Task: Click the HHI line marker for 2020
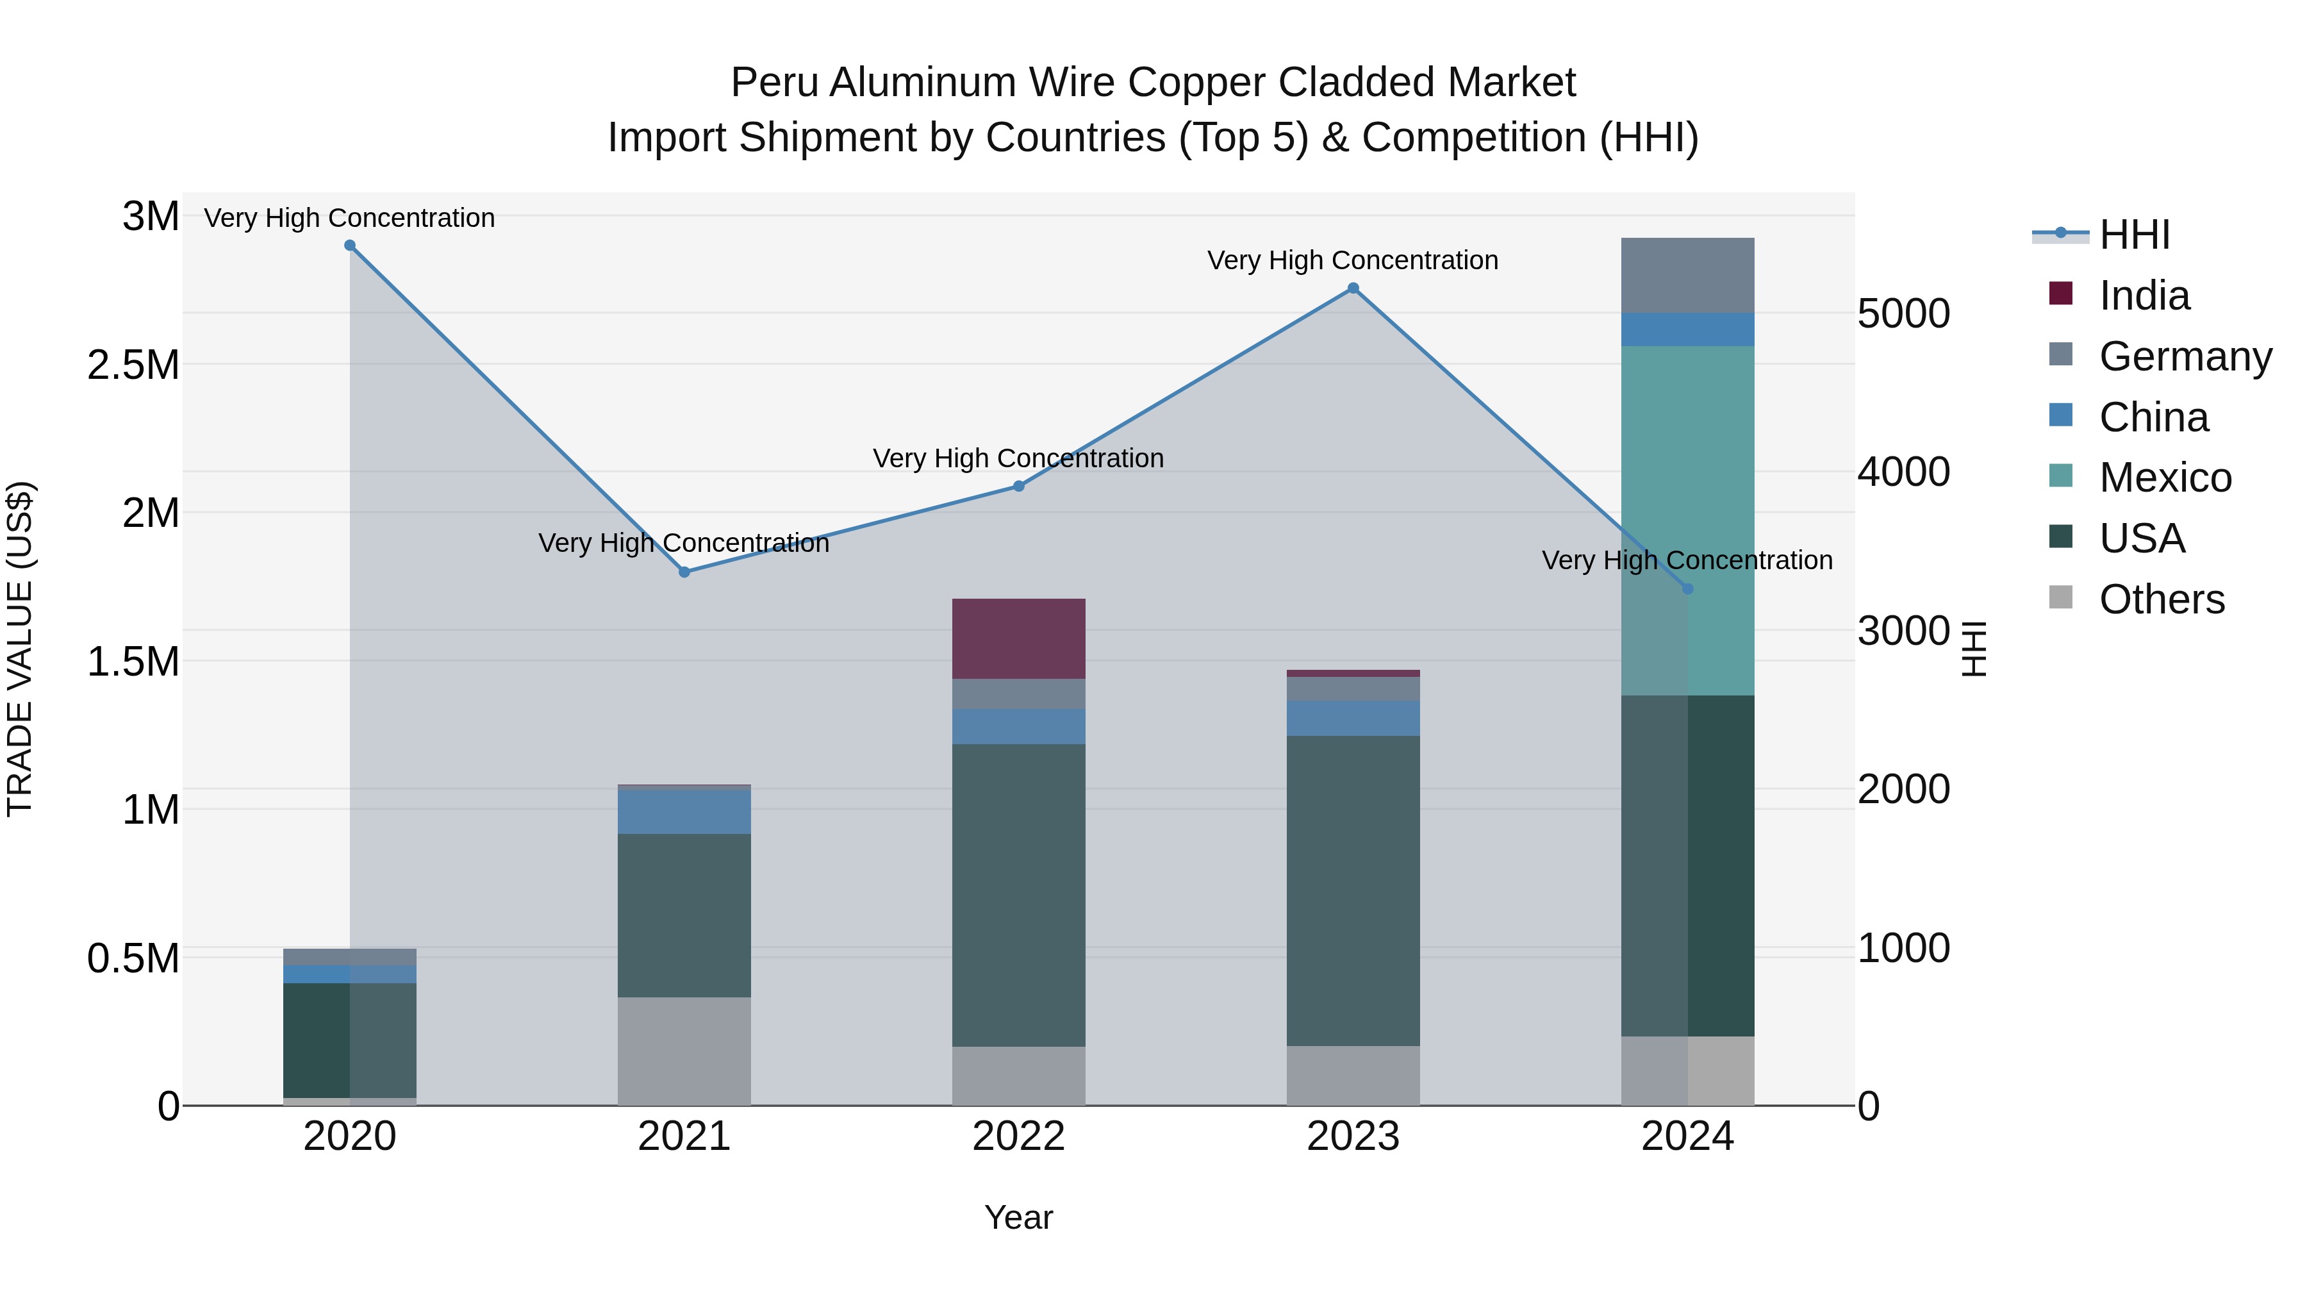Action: pyautogui.click(x=350, y=245)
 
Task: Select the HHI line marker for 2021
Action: pyautogui.click(x=684, y=572)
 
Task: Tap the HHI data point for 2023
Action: pyautogui.click(x=1353, y=288)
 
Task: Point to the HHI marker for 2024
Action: pyautogui.click(x=1687, y=588)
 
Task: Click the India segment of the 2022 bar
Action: pyautogui.click(x=1018, y=638)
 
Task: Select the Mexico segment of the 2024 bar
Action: pyautogui.click(x=1687, y=520)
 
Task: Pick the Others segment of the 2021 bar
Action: pyautogui.click(x=684, y=1051)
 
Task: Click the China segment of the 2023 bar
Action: pyautogui.click(x=1353, y=719)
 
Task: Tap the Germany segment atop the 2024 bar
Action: pyautogui.click(x=1687, y=275)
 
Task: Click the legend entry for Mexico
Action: pyautogui.click(x=2165, y=478)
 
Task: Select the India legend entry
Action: pyautogui.click(x=2144, y=295)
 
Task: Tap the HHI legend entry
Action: pyautogui.click(x=2133, y=235)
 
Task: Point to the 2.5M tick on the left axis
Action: pyautogui.click(x=133, y=365)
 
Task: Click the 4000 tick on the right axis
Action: pyautogui.click(x=1903, y=472)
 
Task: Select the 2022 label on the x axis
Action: pyautogui.click(x=1018, y=1136)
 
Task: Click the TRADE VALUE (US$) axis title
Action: pyautogui.click(x=20, y=649)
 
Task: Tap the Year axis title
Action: pyautogui.click(x=1018, y=1217)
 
